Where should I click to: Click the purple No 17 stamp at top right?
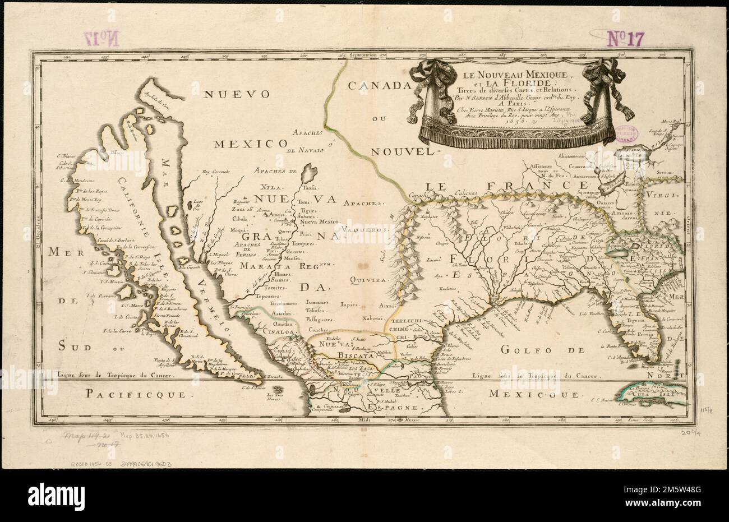626,38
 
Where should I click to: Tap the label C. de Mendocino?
75,181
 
